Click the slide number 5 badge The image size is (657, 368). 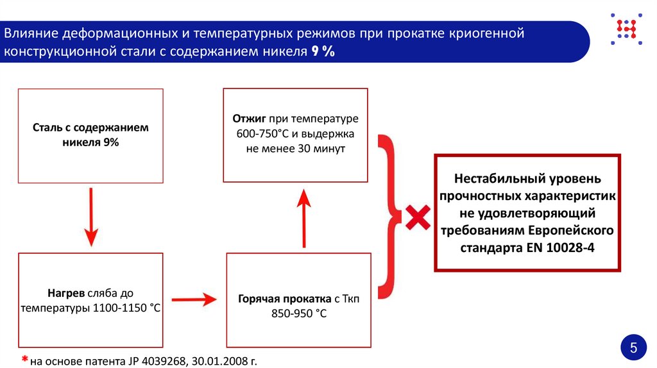(x=633, y=349)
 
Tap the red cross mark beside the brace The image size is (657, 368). (x=417, y=217)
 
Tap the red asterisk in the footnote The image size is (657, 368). (x=24, y=359)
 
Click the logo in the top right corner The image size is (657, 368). (x=625, y=29)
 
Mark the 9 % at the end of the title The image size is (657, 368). (x=323, y=51)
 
